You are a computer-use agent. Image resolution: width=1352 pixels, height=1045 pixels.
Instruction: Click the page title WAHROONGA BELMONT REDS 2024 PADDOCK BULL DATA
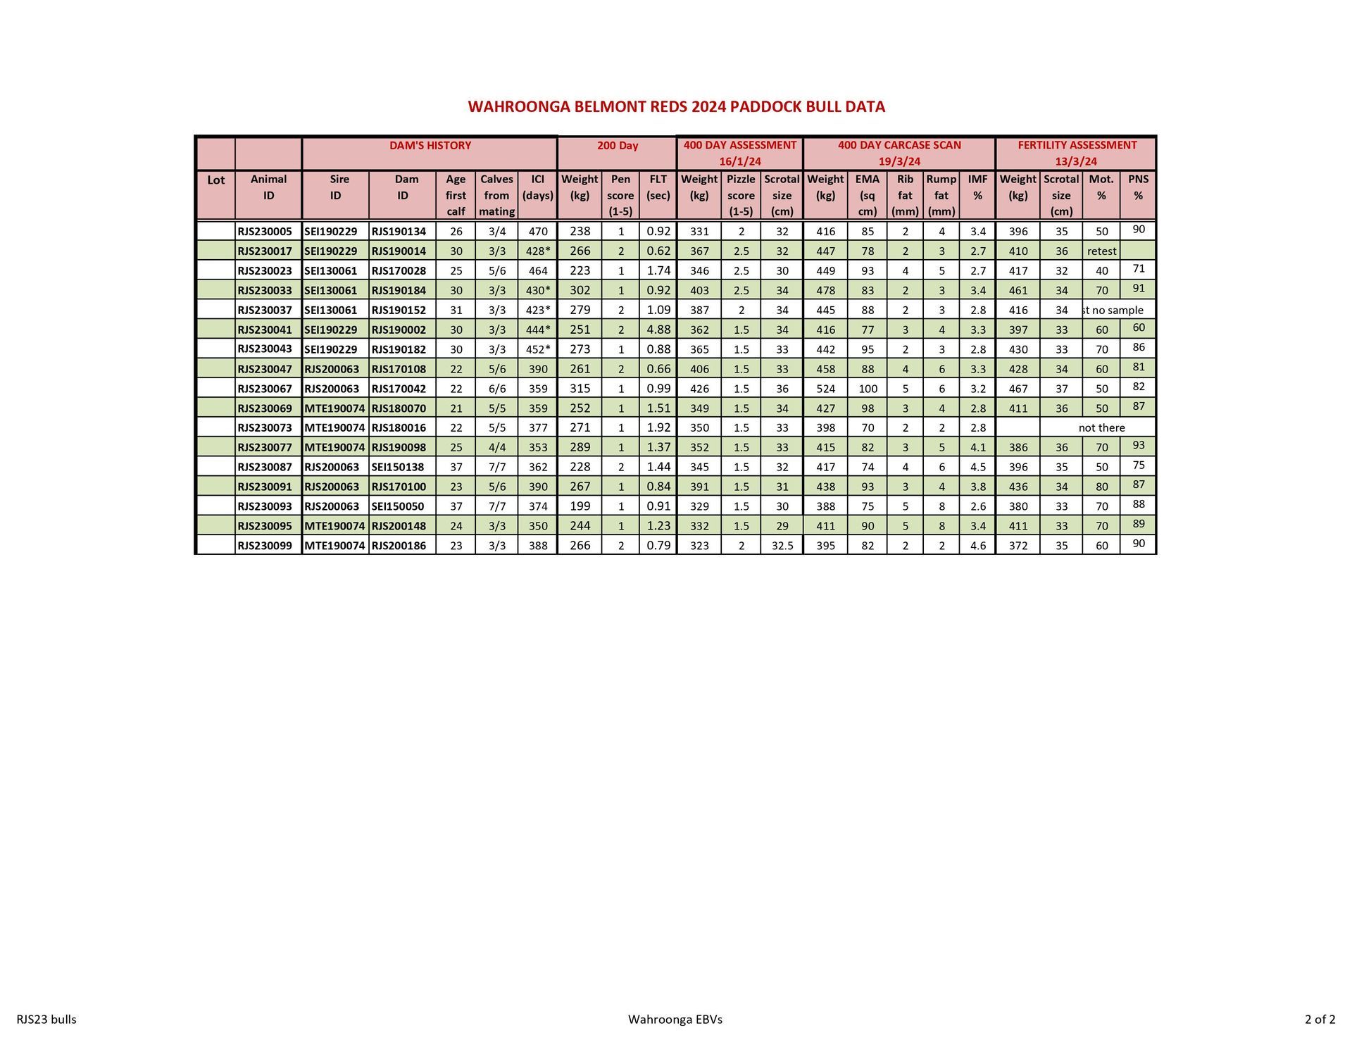tap(676, 107)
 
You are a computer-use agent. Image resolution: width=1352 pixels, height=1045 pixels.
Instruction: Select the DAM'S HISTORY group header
tap(430, 146)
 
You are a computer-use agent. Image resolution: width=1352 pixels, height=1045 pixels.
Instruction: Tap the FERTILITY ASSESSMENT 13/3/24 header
tap(1077, 153)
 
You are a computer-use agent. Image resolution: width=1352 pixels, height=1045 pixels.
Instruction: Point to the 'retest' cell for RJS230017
tap(1101, 251)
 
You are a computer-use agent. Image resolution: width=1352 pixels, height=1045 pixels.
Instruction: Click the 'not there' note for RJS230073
tap(1101, 428)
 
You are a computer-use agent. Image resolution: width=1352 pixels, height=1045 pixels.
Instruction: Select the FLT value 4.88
tap(658, 330)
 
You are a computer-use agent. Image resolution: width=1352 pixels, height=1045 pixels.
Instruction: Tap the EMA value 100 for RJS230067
tap(868, 389)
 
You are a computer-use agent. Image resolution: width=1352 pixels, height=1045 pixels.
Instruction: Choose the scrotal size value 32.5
tap(782, 546)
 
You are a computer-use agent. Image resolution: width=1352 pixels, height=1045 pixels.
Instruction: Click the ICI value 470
tap(538, 232)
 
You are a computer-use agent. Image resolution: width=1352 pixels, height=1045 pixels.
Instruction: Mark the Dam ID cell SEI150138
tap(398, 467)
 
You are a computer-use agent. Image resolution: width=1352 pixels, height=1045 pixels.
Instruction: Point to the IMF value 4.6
tap(978, 546)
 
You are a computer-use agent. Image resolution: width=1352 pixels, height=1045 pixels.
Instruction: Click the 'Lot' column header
tap(215, 180)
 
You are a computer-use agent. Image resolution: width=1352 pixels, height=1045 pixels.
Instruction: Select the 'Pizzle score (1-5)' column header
tap(741, 195)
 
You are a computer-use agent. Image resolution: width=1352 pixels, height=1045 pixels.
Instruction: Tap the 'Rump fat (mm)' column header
tap(941, 195)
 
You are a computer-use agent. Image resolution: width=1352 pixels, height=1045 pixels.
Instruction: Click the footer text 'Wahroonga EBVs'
tap(675, 1019)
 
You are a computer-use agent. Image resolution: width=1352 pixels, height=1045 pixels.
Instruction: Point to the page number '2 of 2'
tap(1320, 1019)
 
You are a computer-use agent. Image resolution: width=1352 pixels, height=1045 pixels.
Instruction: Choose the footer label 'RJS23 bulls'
tap(46, 1019)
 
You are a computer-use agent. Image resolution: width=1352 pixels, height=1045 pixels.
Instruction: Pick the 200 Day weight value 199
tap(580, 506)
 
